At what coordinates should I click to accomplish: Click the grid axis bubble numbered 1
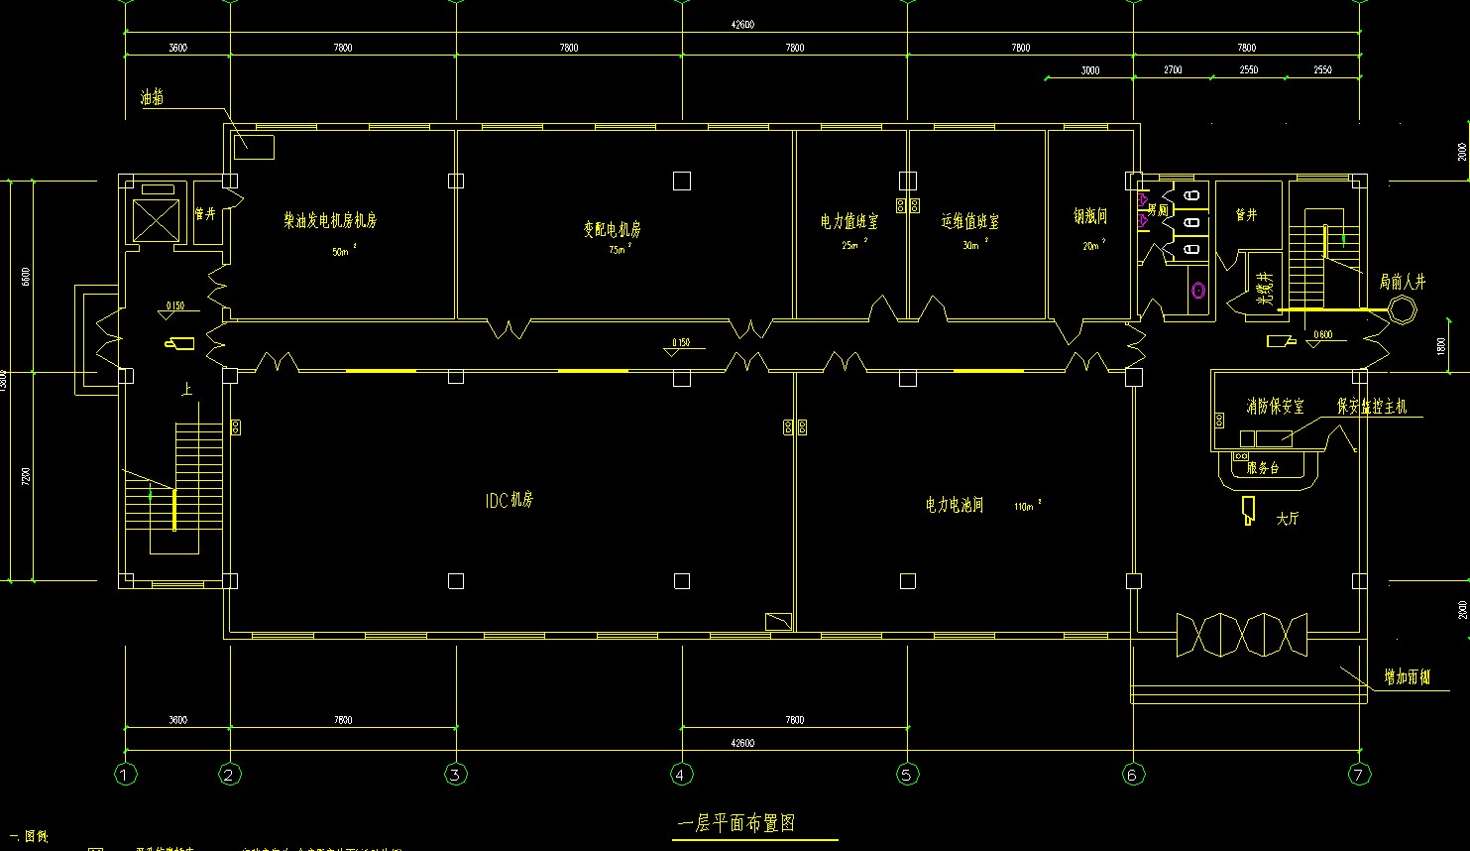coord(125,775)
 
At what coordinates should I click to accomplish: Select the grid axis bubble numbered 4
coord(680,775)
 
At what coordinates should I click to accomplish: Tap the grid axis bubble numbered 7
coord(1358,775)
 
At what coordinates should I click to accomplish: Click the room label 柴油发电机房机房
coord(330,220)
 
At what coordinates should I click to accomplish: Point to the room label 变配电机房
coord(612,229)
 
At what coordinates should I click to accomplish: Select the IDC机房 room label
coord(509,501)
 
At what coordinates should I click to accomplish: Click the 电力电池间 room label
coord(955,505)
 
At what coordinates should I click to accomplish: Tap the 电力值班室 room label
coord(849,221)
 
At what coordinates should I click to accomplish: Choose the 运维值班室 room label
coord(970,221)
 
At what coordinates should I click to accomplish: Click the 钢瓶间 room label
coord(1089,216)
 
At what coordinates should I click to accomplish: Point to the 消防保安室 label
coord(1275,407)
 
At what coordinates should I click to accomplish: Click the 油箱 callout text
coord(152,97)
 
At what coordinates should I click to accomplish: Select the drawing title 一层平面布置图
coord(735,823)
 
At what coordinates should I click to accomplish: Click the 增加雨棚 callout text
coord(1408,678)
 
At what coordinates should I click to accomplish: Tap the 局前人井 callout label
coord(1402,282)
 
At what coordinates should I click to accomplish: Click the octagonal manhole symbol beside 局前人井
coord(1402,310)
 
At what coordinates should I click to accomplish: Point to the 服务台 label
coord(1263,467)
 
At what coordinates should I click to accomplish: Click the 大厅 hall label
coord(1287,519)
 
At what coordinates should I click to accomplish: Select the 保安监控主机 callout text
coord(1372,407)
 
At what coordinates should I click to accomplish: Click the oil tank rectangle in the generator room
coord(254,146)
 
